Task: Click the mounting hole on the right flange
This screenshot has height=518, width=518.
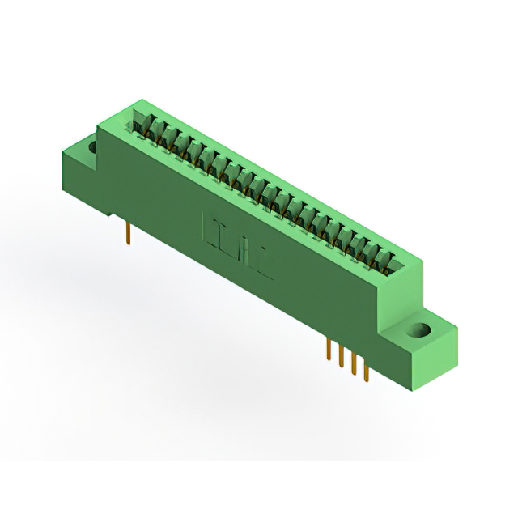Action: (421, 330)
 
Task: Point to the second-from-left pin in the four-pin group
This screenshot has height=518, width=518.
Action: (342, 358)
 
